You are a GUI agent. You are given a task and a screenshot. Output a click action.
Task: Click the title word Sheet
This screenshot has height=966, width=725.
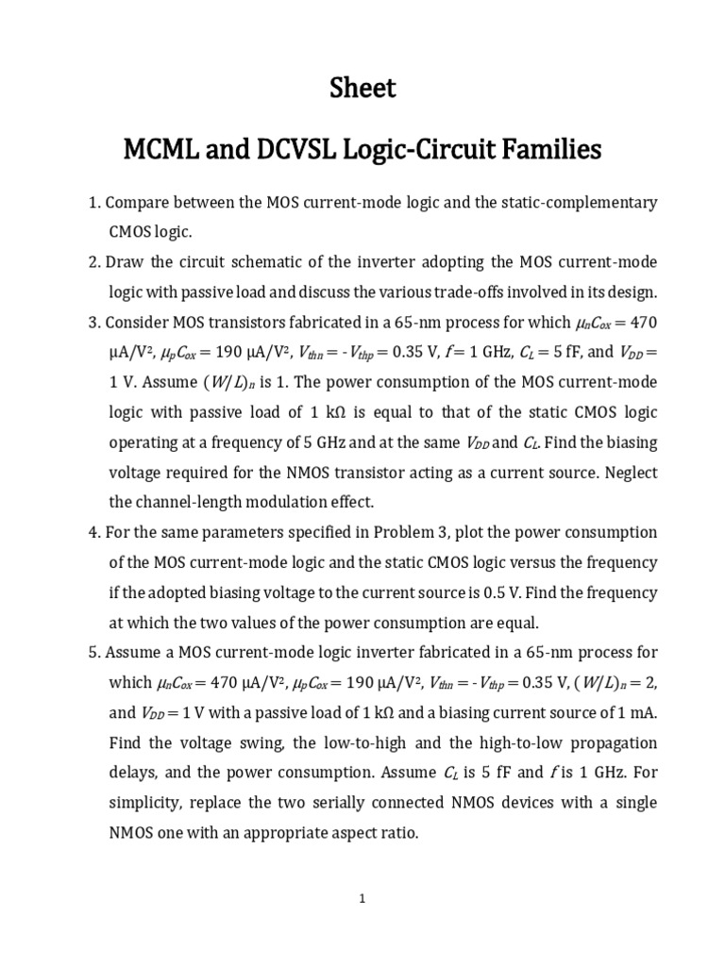(362, 89)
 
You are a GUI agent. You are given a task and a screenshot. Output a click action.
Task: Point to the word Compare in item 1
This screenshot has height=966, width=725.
(138, 203)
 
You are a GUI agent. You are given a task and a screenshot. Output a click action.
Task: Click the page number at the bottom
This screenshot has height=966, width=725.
(362, 899)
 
